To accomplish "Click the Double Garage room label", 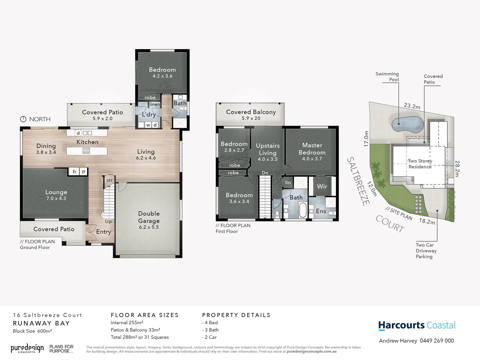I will point(149,217).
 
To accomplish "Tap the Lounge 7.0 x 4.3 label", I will point(56,195).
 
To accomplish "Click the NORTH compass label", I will point(39,119).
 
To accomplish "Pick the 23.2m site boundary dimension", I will point(412,106).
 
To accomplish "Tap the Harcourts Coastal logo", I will point(417,325).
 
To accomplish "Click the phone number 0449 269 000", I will point(437,341).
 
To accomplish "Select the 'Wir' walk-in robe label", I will point(322,186).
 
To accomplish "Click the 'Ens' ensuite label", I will point(321,211).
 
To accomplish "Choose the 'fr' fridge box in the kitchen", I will point(75,172).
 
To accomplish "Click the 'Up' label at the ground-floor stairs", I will point(108,221).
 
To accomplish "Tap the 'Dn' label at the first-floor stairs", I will point(265,173).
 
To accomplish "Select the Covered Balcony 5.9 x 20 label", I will point(251,115).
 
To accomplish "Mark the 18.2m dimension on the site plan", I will point(427,221).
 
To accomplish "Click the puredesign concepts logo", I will point(27,349).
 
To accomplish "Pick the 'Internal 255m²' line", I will point(127,323).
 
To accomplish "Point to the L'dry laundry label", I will point(149,114).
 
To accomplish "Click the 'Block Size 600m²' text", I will point(32,331).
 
